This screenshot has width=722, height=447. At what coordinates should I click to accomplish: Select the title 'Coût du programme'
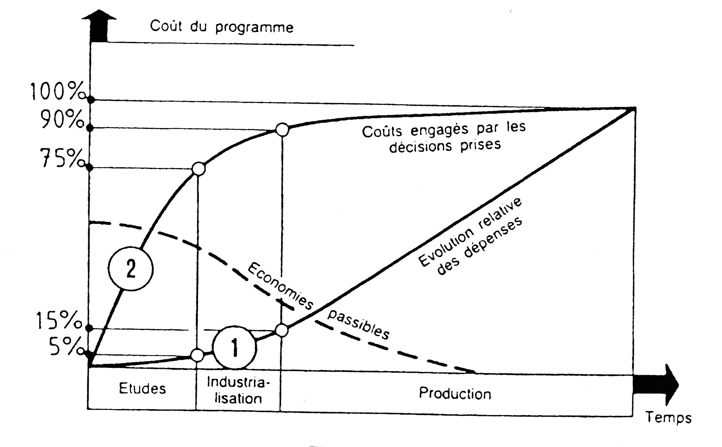pyautogui.click(x=222, y=27)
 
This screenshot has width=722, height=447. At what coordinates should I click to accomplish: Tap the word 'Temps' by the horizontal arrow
pyautogui.click(x=668, y=417)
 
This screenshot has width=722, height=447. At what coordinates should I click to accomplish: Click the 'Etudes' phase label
pyautogui.click(x=143, y=388)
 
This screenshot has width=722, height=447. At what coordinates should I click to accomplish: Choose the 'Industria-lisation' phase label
pyautogui.click(x=238, y=390)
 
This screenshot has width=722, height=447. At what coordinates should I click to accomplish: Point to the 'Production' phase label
pyautogui.click(x=455, y=394)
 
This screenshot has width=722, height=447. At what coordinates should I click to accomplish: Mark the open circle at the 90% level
pyautogui.click(x=282, y=130)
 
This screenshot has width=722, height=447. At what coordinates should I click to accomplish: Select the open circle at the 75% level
pyautogui.click(x=198, y=169)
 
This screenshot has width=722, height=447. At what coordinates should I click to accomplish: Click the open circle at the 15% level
pyautogui.click(x=282, y=330)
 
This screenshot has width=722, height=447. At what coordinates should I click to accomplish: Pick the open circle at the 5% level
pyautogui.click(x=197, y=355)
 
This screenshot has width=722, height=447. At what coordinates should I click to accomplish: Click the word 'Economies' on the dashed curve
pyautogui.click(x=280, y=286)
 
